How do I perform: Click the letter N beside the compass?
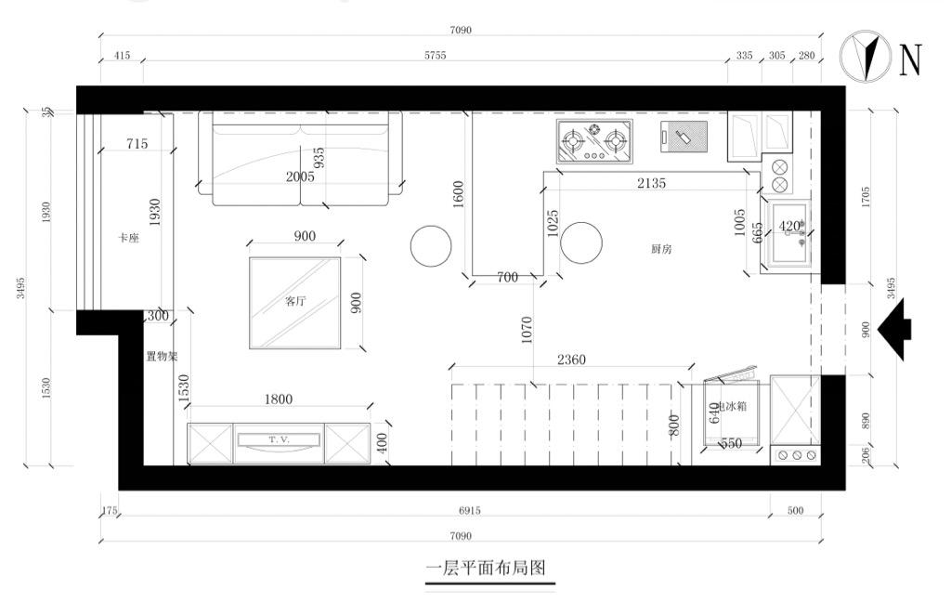tap(910, 59)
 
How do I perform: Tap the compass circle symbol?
tap(865, 56)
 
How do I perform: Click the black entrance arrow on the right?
tap(894, 328)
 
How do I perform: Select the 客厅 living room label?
tap(294, 301)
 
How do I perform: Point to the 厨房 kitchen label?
tap(661, 249)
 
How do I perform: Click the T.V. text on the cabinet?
tap(280, 438)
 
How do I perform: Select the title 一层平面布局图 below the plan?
tap(484, 567)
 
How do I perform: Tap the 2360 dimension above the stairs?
tap(571, 360)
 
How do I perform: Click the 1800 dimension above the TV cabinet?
tap(278, 399)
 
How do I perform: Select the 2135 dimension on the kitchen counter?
tap(651, 183)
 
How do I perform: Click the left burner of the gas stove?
tap(573, 142)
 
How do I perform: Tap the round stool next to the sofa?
tap(433, 246)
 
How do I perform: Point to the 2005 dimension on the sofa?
tap(300, 177)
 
